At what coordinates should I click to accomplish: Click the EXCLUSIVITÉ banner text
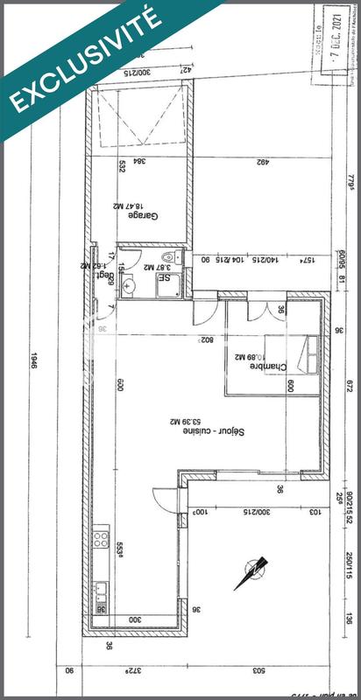point(83,57)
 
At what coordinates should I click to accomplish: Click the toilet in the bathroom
point(177,258)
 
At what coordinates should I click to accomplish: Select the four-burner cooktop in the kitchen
point(101,537)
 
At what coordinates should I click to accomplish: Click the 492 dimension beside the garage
point(262,161)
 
